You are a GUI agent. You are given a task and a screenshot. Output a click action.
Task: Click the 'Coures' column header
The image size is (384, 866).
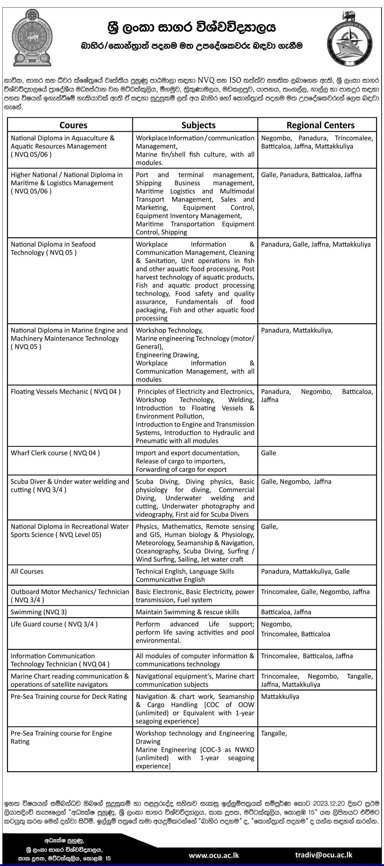(x=73, y=125)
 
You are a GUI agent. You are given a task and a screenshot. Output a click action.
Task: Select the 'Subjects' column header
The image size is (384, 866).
(x=198, y=125)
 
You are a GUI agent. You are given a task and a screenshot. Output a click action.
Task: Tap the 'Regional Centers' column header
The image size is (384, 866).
(x=320, y=125)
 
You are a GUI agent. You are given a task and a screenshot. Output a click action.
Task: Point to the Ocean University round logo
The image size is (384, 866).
(x=349, y=38)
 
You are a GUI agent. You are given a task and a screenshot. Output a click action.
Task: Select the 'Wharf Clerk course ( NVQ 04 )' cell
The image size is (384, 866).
(x=55, y=453)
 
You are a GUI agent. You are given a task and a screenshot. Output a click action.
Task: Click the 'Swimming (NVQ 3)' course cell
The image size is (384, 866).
(x=39, y=612)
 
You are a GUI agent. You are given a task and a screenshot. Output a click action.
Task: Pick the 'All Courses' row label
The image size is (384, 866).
(x=27, y=571)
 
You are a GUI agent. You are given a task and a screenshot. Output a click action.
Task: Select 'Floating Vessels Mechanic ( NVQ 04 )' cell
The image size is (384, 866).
(x=66, y=391)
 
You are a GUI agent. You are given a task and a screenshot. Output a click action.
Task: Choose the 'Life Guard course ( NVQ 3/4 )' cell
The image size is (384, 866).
(x=54, y=624)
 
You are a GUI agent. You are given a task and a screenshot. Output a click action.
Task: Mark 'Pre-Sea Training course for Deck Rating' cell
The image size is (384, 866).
(x=69, y=697)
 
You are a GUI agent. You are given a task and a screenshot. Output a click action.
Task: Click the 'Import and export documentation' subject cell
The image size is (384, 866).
(x=188, y=453)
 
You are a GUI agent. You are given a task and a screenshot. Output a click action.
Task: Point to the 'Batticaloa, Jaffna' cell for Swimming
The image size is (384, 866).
(x=286, y=612)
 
